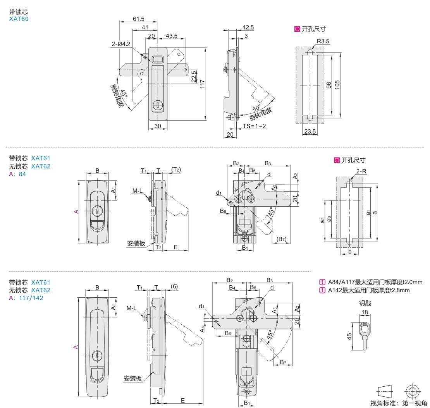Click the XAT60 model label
point(19,19)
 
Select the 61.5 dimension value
point(138,19)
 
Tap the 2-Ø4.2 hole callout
point(121,44)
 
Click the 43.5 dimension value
point(172,36)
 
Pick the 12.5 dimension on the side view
point(248,27)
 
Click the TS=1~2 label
point(255,126)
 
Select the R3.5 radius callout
point(323,41)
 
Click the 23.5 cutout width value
point(310,132)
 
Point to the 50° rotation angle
point(256,108)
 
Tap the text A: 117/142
point(26,298)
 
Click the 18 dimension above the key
point(365,312)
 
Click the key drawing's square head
point(365,329)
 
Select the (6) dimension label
point(174,286)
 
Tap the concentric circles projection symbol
point(412,390)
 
